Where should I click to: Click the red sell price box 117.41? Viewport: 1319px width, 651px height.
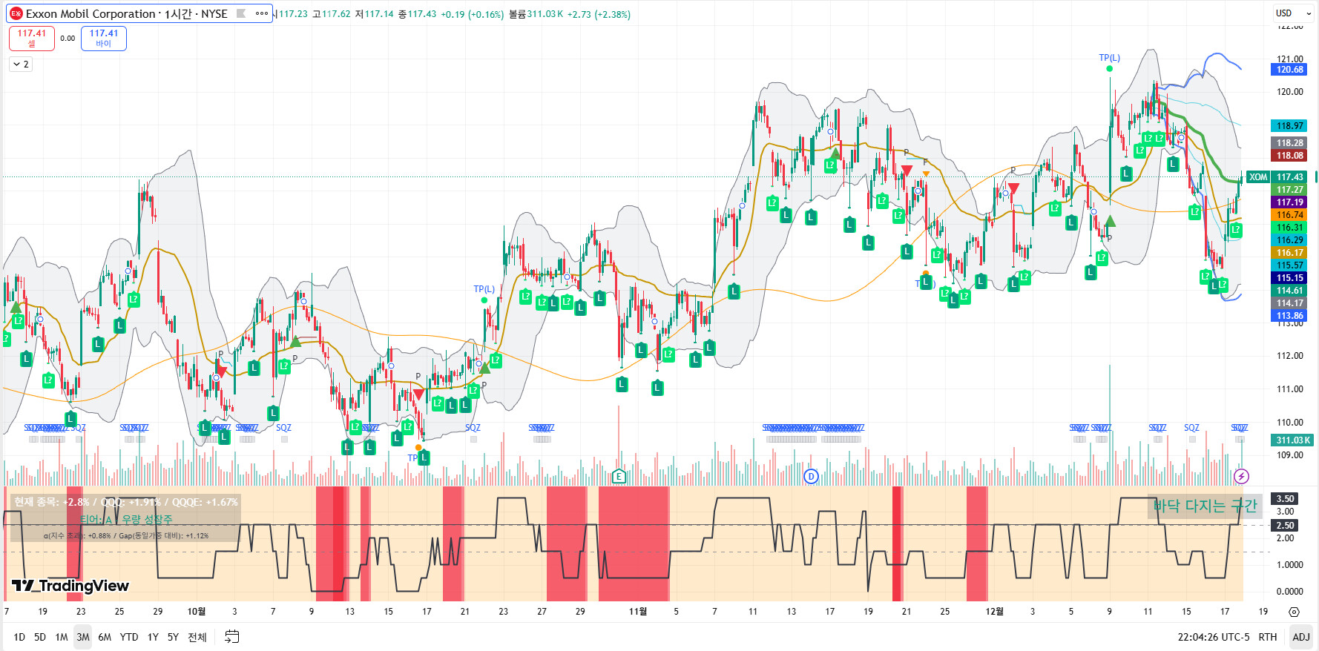(x=31, y=38)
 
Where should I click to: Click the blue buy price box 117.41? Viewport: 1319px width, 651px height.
(x=104, y=38)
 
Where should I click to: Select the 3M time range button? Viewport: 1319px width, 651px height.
(x=83, y=637)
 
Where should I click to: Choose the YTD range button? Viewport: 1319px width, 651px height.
(x=129, y=637)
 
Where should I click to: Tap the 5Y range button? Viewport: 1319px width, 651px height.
(x=173, y=637)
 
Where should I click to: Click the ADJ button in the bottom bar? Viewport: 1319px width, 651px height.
(x=1300, y=637)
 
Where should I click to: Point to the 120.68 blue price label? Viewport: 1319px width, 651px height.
(x=1289, y=70)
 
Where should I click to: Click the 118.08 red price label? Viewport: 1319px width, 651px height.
(x=1289, y=156)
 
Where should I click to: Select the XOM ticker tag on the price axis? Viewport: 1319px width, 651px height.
(x=1257, y=177)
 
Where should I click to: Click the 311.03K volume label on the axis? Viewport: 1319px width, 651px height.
(x=1292, y=440)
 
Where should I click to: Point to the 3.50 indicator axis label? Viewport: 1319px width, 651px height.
(x=1285, y=499)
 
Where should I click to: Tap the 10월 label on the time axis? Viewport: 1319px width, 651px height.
(x=196, y=612)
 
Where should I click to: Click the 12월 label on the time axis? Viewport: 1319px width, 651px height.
(x=994, y=612)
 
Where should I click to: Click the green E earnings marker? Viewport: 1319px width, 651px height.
(x=619, y=476)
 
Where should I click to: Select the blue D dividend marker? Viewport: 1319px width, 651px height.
(x=811, y=476)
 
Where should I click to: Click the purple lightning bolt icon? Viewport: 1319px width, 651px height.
(x=1241, y=476)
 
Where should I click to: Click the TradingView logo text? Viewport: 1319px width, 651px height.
(x=71, y=586)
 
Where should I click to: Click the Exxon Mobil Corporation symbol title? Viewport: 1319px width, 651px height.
(x=91, y=13)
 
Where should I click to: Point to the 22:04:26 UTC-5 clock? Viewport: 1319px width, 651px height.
(x=1213, y=637)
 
